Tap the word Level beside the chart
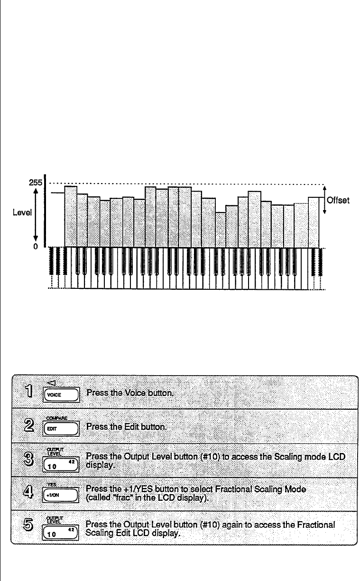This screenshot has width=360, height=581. pyautogui.click(x=22, y=213)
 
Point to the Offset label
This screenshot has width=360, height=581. pyautogui.click(x=338, y=201)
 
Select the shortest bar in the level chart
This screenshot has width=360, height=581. pyautogui.click(x=221, y=229)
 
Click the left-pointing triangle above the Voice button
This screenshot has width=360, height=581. pyautogui.click(x=52, y=383)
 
